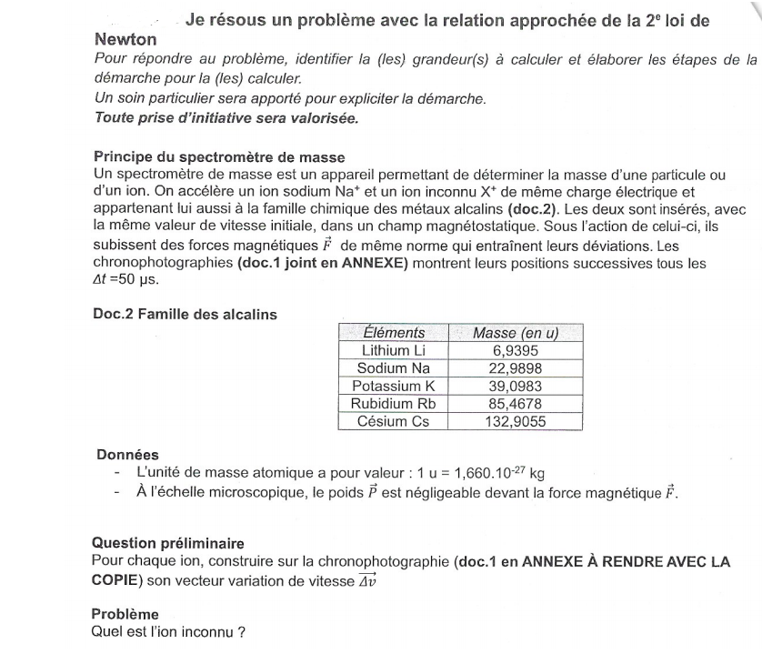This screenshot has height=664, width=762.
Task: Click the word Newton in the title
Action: pos(125,39)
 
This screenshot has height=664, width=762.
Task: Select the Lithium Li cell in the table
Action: pos(393,349)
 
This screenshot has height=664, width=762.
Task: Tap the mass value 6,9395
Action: pos(515,349)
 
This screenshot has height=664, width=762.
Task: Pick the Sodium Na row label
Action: pos(393,367)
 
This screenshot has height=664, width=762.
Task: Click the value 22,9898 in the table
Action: pos(515,367)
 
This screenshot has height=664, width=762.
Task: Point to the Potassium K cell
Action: pos(393,385)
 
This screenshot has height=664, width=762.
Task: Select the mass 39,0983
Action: pos(515,385)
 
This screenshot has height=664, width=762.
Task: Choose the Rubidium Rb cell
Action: pos(393,403)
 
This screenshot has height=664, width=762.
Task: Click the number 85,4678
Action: pos(515,403)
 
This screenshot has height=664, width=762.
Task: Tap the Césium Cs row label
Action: pos(393,421)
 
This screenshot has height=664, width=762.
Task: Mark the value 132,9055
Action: pos(515,421)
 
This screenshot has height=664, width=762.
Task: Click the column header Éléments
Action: pos(393,332)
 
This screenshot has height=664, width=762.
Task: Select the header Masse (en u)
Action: pos(515,332)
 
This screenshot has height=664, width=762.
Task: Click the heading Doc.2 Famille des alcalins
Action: pos(185,314)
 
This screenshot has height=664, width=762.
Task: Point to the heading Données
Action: pos(128,455)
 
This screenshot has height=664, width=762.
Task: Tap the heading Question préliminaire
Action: pos(167,543)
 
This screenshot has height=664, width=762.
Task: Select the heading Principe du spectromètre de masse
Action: pos(219,156)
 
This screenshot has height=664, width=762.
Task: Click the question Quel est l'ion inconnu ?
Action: pos(169,633)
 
